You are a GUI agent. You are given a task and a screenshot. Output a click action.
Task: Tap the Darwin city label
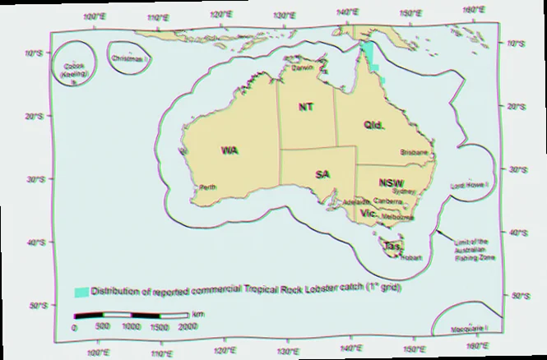click(302, 68)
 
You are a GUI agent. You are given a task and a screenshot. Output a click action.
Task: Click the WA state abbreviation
click(229, 150)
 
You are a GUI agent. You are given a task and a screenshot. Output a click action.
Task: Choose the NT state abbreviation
click(305, 108)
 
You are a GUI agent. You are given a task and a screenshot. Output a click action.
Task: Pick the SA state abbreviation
click(323, 175)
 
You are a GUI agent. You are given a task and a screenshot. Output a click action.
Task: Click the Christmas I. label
click(130, 59)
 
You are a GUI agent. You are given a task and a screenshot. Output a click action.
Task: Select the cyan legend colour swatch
click(81, 291)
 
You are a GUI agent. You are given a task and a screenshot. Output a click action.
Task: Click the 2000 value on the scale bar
click(187, 327)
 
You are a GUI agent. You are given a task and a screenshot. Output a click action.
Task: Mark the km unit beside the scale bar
click(198, 315)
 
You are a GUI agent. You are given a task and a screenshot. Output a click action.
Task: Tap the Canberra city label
click(387, 201)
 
